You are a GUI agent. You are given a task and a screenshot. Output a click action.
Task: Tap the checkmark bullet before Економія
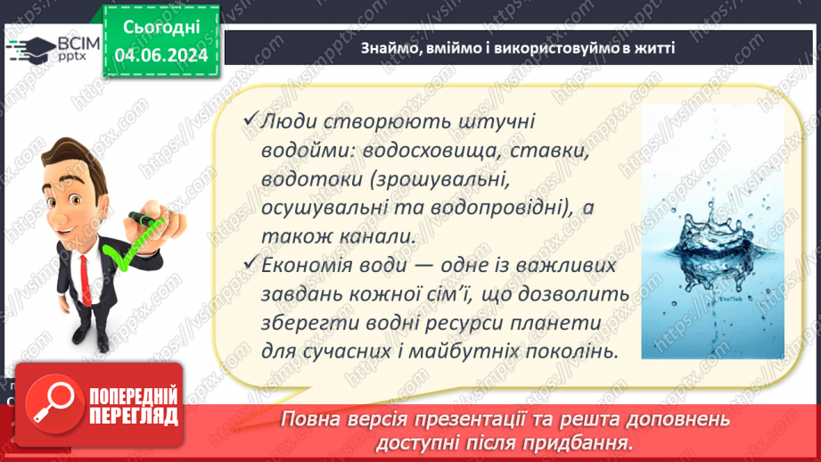pyautogui.click(x=250, y=265)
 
